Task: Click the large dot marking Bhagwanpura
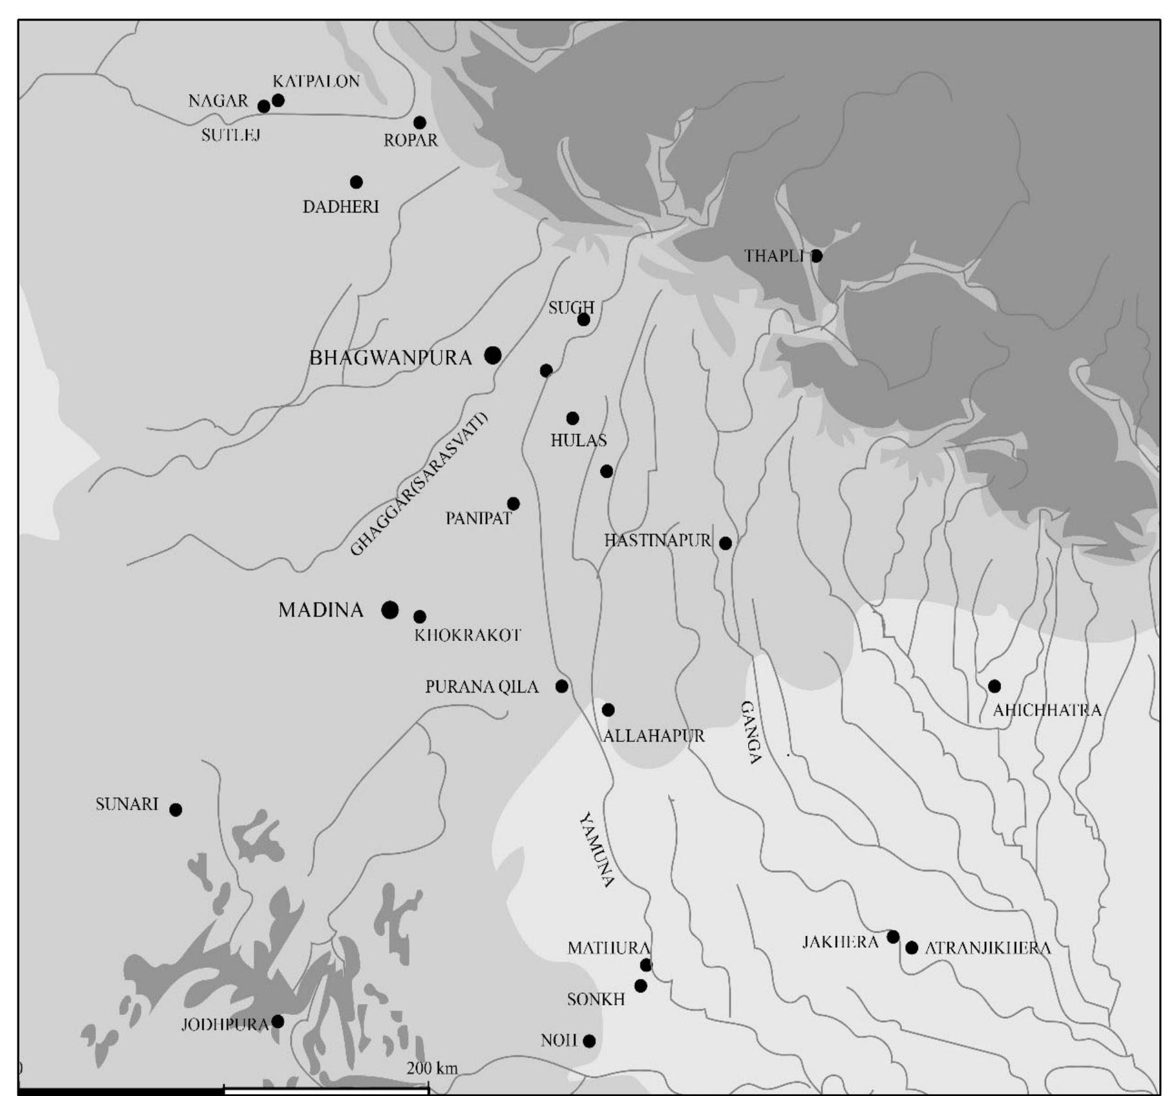pos(492,355)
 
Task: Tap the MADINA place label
pos(321,609)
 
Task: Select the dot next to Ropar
pos(420,122)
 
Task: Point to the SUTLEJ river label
pos(230,135)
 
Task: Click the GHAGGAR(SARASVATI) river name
pos(419,484)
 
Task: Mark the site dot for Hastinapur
pos(725,543)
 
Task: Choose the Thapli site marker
pos(816,256)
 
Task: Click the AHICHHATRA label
pos(1047,711)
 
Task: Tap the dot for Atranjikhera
pos(912,947)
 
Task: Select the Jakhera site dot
pos(893,936)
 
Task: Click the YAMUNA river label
pos(597,850)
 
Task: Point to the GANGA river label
pos(751,732)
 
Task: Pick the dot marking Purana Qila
pos(561,686)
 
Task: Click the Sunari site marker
pos(176,810)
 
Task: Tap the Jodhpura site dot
pos(277,1021)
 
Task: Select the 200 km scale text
pos(432,1068)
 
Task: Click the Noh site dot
pos(589,1041)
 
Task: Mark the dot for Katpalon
pos(278,100)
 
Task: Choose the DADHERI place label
pos(341,207)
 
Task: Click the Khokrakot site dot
pos(419,617)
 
